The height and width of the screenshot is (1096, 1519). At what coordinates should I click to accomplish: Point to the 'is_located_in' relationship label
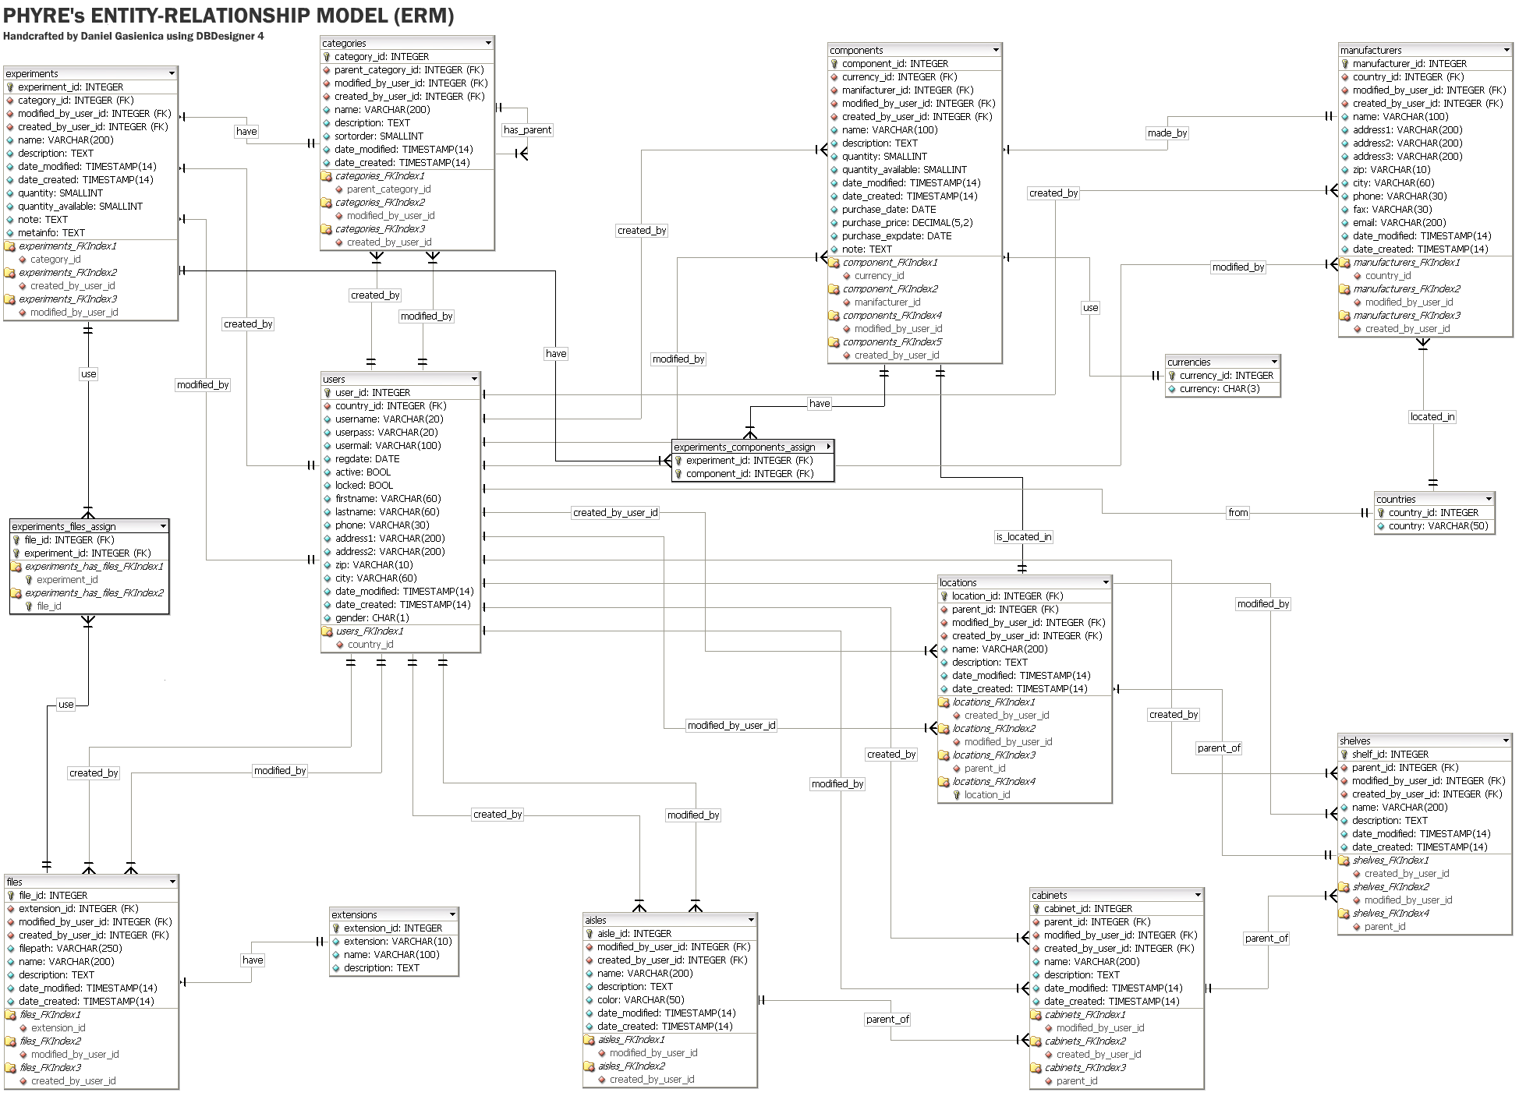tap(1023, 536)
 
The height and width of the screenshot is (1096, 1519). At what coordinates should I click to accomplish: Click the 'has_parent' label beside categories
tap(527, 129)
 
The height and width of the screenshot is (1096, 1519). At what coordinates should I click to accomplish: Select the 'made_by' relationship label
tap(1167, 133)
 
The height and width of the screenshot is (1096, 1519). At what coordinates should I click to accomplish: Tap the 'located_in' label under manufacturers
tap(1432, 416)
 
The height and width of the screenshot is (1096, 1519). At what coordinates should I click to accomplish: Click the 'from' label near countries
tap(1238, 512)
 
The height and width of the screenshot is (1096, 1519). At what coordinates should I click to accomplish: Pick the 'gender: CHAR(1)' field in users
tap(371, 617)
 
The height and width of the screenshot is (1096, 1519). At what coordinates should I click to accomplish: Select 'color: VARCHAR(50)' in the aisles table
tap(640, 999)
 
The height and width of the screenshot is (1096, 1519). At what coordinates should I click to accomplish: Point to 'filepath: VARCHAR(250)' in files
tap(69, 948)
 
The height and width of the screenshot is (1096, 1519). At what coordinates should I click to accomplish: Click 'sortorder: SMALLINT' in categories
tap(379, 136)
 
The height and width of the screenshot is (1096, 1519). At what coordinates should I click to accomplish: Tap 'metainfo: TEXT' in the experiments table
tap(51, 232)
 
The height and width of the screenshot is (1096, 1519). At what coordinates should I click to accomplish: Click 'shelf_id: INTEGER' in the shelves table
tap(1390, 754)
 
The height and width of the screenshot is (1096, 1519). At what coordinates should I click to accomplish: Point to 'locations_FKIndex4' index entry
tap(993, 781)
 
